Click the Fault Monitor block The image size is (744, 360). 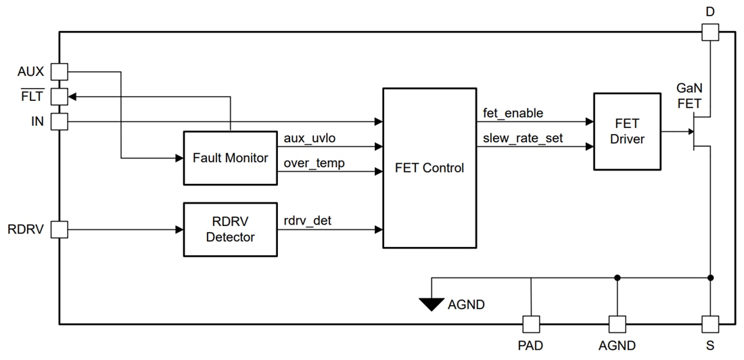point(230,158)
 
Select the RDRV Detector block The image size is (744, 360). point(230,229)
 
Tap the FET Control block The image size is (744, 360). point(429,168)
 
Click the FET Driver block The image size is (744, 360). point(627,131)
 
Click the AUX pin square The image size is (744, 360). point(60,72)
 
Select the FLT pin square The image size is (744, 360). point(60,97)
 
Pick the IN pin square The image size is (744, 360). point(60,122)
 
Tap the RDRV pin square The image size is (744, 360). point(60,229)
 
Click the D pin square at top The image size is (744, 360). point(710,32)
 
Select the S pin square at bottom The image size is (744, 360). point(710,323)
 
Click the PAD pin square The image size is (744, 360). point(531,323)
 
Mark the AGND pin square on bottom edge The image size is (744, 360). point(617,323)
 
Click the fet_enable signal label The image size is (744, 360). point(513,113)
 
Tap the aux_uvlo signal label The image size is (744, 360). point(310,138)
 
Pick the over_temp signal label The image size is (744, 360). point(314,163)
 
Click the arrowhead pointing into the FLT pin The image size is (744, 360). point(72,97)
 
